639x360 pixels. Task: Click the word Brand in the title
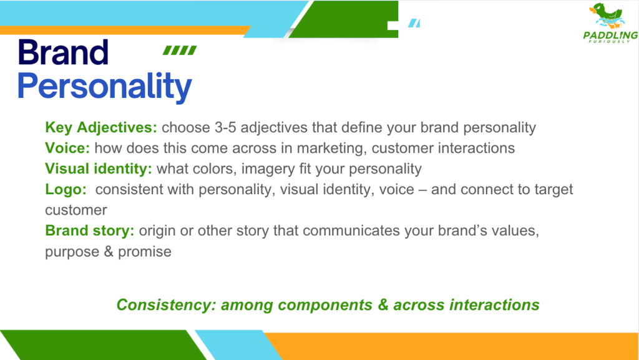click(x=63, y=52)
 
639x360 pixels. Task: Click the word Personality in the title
click(x=104, y=87)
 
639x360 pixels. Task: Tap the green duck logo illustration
click(x=607, y=16)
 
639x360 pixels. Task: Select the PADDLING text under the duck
click(x=610, y=36)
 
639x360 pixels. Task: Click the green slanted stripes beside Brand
click(x=180, y=50)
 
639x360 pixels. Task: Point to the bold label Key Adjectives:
click(x=101, y=127)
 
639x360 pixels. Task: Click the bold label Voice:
click(x=67, y=148)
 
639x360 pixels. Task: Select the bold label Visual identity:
click(x=98, y=168)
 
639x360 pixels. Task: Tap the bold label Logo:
click(x=66, y=190)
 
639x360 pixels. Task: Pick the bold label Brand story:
click(x=90, y=231)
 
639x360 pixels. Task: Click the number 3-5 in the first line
click(x=225, y=127)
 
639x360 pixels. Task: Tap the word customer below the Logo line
click(x=76, y=210)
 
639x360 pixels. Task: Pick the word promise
click(x=145, y=252)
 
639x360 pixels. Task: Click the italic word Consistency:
click(x=166, y=305)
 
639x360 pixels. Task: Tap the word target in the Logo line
click(x=554, y=190)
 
